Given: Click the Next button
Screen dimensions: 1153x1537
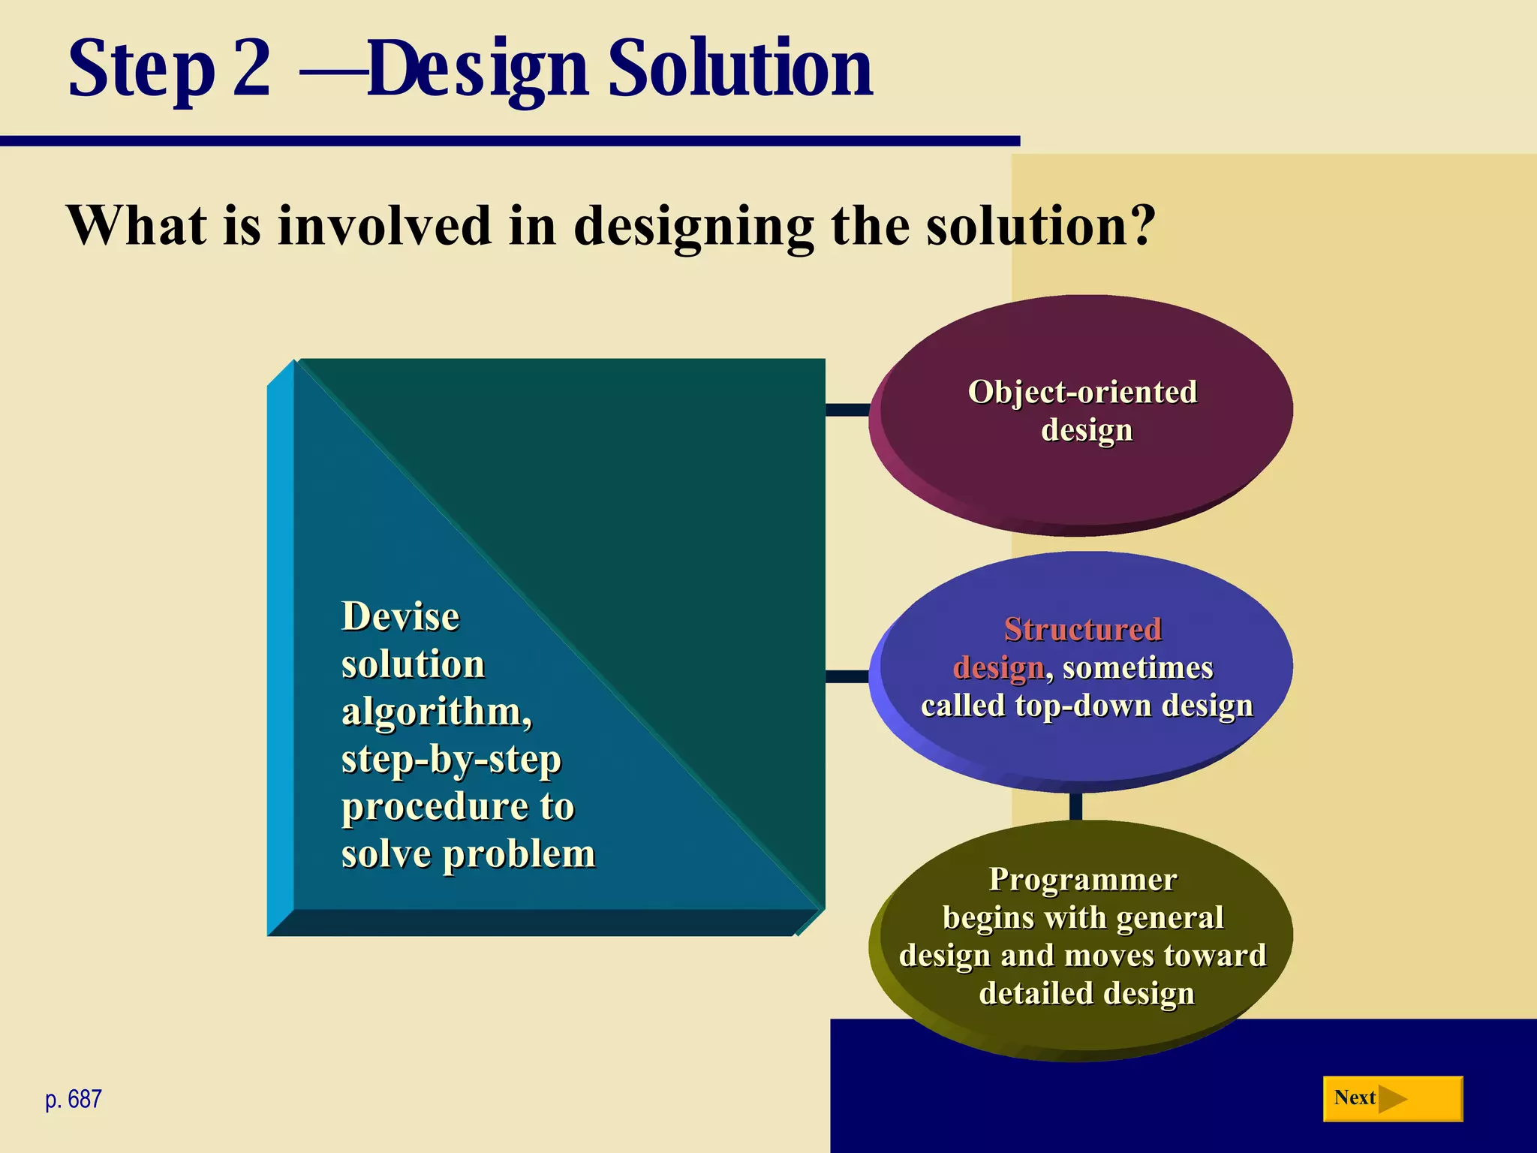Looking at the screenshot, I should pos(1392,1099).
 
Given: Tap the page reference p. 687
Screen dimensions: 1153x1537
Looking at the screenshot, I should pos(74,1100).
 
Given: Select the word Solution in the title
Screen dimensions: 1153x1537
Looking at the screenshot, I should pos(740,69).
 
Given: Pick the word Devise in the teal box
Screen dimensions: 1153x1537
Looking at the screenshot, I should pos(400,617).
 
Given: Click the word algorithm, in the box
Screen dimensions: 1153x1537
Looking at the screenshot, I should pos(437,712).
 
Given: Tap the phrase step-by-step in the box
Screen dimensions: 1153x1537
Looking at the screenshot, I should pos(451,759).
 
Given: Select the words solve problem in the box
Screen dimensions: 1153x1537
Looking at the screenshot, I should pos(468,854).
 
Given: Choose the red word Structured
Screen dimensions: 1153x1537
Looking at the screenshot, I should pos(1083,629).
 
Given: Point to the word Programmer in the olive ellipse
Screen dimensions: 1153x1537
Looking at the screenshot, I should pos(1083,879).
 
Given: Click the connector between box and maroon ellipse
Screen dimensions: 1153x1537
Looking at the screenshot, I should pos(848,410).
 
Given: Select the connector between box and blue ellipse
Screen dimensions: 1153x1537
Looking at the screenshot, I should pos(848,676).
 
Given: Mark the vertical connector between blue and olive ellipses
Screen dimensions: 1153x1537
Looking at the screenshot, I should pos(1075,805).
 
